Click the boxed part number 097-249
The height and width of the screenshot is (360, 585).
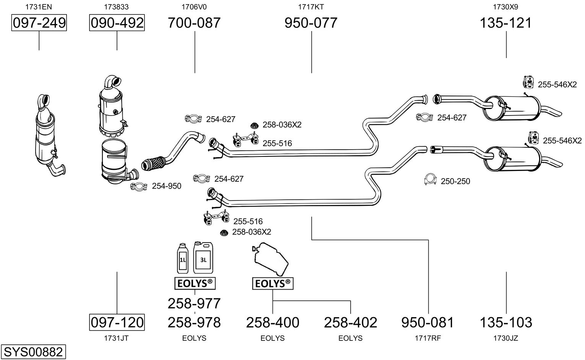click(x=39, y=23)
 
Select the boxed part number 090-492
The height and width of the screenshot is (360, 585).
click(x=117, y=23)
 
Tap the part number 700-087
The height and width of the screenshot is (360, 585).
click(x=194, y=23)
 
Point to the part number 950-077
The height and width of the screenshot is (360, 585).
click(x=311, y=23)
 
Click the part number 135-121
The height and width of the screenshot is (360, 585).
click(x=506, y=23)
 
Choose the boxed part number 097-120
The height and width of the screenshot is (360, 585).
click(x=117, y=322)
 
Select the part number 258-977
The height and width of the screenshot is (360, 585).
click(x=194, y=303)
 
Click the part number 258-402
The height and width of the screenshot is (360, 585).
click(x=351, y=323)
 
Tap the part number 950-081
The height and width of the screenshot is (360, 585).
click(x=427, y=323)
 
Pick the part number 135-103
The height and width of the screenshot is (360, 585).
click(x=506, y=323)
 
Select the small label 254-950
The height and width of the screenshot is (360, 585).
click(x=167, y=186)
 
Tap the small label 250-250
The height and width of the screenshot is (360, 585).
click(x=455, y=181)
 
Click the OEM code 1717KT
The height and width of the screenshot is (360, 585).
click(x=311, y=7)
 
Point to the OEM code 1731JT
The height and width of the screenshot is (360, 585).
click(x=117, y=338)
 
